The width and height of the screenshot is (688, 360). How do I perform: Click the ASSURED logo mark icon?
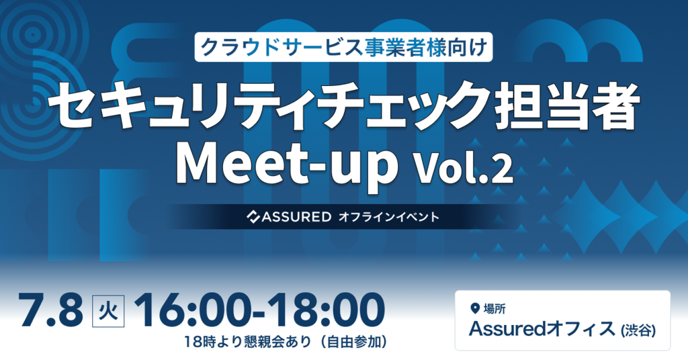254,217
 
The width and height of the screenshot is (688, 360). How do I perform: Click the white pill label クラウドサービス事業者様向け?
344,48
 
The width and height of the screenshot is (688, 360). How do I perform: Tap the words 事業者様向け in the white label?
424,48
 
